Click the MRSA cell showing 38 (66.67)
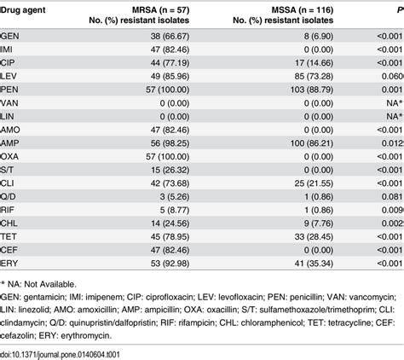coord(171,37)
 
